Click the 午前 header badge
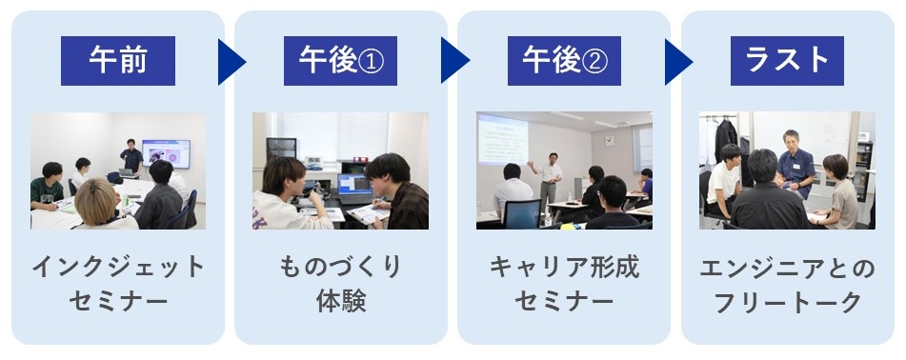click(x=118, y=61)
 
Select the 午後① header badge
click(x=340, y=61)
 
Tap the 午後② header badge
click(x=564, y=61)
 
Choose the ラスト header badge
click(x=787, y=61)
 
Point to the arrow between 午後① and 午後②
click(x=453, y=60)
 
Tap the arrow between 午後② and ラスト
click(x=677, y=62)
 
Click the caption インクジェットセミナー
click(x=118, y=284)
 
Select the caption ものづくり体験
click(x=340, y=284)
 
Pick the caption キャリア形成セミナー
click(x=564, y=284)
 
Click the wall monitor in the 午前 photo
click(x=166, y=153)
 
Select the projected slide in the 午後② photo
click(x=502, y=139)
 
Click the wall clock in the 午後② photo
click(x=610, y=140)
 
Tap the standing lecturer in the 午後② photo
click(x=549, y=180)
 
